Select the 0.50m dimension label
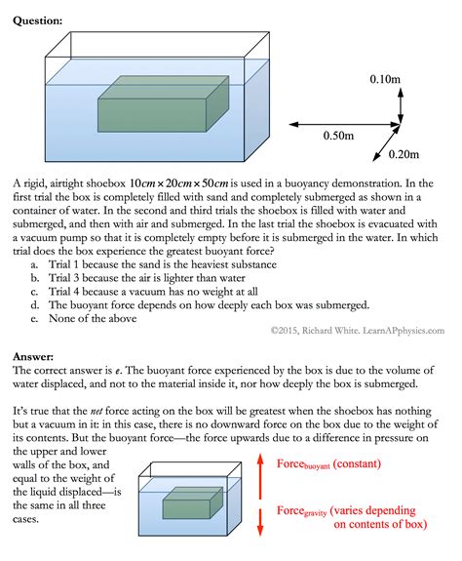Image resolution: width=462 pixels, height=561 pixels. [x=341, y=138]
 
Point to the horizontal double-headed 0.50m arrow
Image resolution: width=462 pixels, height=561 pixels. [x=336, y=124]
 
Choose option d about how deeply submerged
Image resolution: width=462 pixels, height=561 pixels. [x=214, y=304]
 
